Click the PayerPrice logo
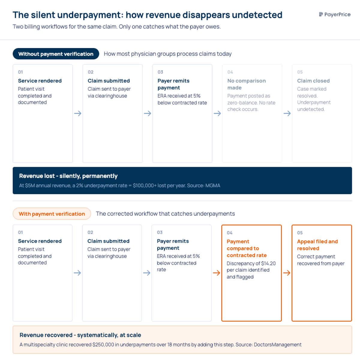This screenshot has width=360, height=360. (334, 14)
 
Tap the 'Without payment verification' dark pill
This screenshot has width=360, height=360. (56, 54)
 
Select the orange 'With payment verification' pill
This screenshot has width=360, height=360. (52, 214)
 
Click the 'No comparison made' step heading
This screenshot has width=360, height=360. (246, 84)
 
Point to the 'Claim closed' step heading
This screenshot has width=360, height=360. (313, 81)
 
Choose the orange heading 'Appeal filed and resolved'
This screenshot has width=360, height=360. (317, 245)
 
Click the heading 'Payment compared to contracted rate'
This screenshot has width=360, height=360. (247, 248)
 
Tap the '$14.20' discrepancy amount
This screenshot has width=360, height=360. (268, 263)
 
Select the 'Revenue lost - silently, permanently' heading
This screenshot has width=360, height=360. (68, 176)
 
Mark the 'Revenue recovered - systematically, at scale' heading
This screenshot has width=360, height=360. (80, 335)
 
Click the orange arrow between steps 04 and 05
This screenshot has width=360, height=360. (287, 273)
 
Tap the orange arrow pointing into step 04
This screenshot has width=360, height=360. (216, 273)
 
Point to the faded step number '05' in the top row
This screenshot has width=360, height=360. (300, 72)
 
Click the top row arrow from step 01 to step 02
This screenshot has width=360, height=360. (78, 113)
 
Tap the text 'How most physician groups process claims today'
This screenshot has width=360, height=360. (167, 54)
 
